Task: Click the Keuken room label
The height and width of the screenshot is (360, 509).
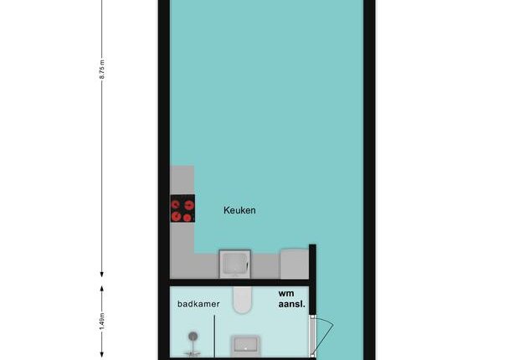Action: (239, 210)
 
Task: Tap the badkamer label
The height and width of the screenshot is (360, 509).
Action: (198, 304)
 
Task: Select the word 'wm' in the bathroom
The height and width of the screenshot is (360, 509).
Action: (286, 294)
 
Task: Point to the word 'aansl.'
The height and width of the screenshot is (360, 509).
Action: (292, 305)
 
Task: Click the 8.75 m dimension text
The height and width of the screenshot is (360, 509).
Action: (102, 69)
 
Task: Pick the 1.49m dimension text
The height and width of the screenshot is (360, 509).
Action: (102, 321)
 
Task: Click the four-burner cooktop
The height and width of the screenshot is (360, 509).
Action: (183, 208)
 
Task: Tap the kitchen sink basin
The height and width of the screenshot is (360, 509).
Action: (234, 264)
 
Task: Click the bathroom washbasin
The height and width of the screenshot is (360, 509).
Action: (245, 346)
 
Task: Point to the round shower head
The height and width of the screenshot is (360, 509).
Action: (193, 337)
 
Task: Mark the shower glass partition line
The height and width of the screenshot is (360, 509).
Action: (214, 337)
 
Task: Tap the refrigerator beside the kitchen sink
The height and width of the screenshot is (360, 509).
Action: (295, 264)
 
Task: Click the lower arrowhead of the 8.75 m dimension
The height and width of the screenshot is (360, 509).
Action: (102, 275)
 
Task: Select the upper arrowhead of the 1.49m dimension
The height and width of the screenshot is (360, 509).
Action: (102, 289)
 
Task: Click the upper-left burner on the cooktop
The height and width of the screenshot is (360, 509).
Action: (176, 204)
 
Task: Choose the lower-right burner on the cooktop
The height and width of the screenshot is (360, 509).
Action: (188, 218)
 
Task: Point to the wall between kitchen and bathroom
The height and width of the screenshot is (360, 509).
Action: (239, 283)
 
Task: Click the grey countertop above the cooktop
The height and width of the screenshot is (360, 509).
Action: (183, 180)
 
